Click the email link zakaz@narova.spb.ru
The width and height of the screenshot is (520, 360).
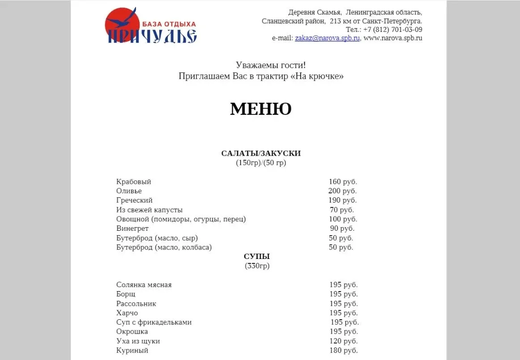tap(327, 38)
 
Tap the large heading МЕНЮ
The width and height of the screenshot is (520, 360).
tap(261, 109)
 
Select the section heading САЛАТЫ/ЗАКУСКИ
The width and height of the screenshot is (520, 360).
tap(261, 153)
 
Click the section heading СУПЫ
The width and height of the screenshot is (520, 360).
tap(257, 257)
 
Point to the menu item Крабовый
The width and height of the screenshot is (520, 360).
tap(134, 182)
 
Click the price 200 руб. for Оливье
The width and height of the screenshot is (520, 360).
tap(342, 191)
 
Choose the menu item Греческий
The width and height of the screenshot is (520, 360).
tap(134, 200)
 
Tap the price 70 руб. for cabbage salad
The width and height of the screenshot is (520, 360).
tap(342, 210)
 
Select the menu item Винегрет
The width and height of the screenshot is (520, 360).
tap(132, 229)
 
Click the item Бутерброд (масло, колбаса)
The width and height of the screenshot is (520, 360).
tap(164, 247)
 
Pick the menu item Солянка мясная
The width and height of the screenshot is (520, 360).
tap(144, 285)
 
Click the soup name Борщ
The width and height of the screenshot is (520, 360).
tap(126, 294)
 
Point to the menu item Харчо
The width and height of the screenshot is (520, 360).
tap(127, 313)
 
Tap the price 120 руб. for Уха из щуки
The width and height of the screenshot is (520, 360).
tap(343, 341)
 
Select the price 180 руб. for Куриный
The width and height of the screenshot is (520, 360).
tap(343, 351)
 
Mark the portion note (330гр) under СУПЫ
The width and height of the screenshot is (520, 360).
tap(257, 266)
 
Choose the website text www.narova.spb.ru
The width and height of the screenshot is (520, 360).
tap(393, 38)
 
